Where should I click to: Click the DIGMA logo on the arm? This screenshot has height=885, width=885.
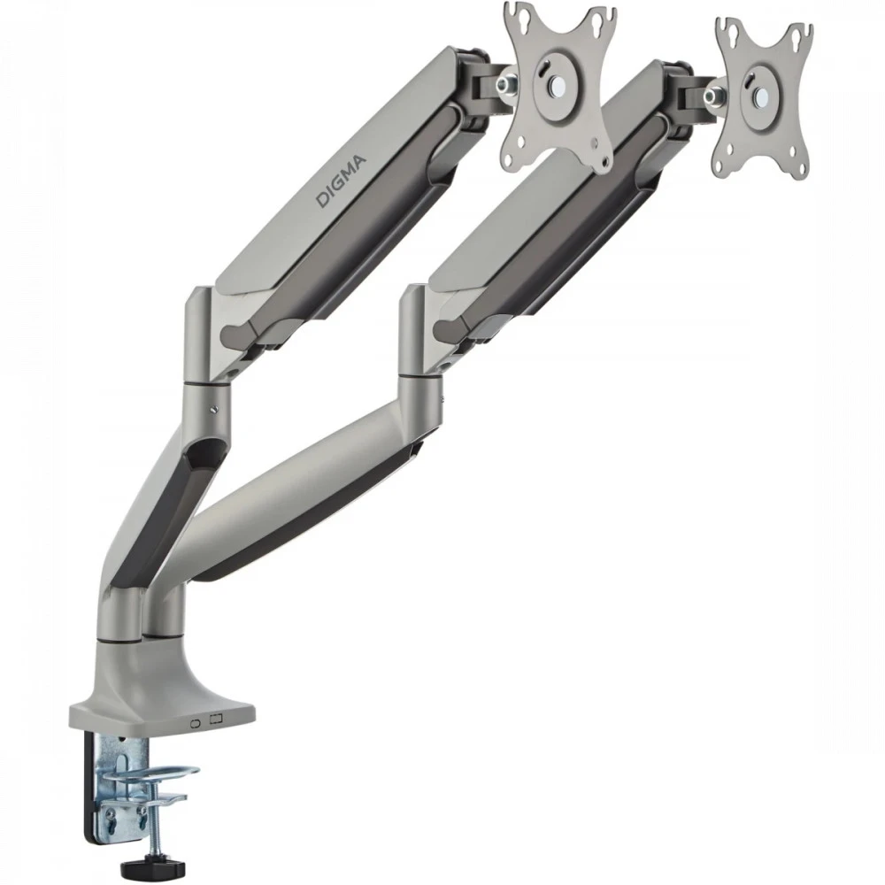click(x=341, y=181)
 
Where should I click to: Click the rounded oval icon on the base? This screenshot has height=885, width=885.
click(x=196, y=723)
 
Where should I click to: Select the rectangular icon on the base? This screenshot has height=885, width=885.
click(x=216, y=719)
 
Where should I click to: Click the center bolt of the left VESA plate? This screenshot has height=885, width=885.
click(x=558, y=86)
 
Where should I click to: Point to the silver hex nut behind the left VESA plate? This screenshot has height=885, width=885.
click(x=504, y=83)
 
